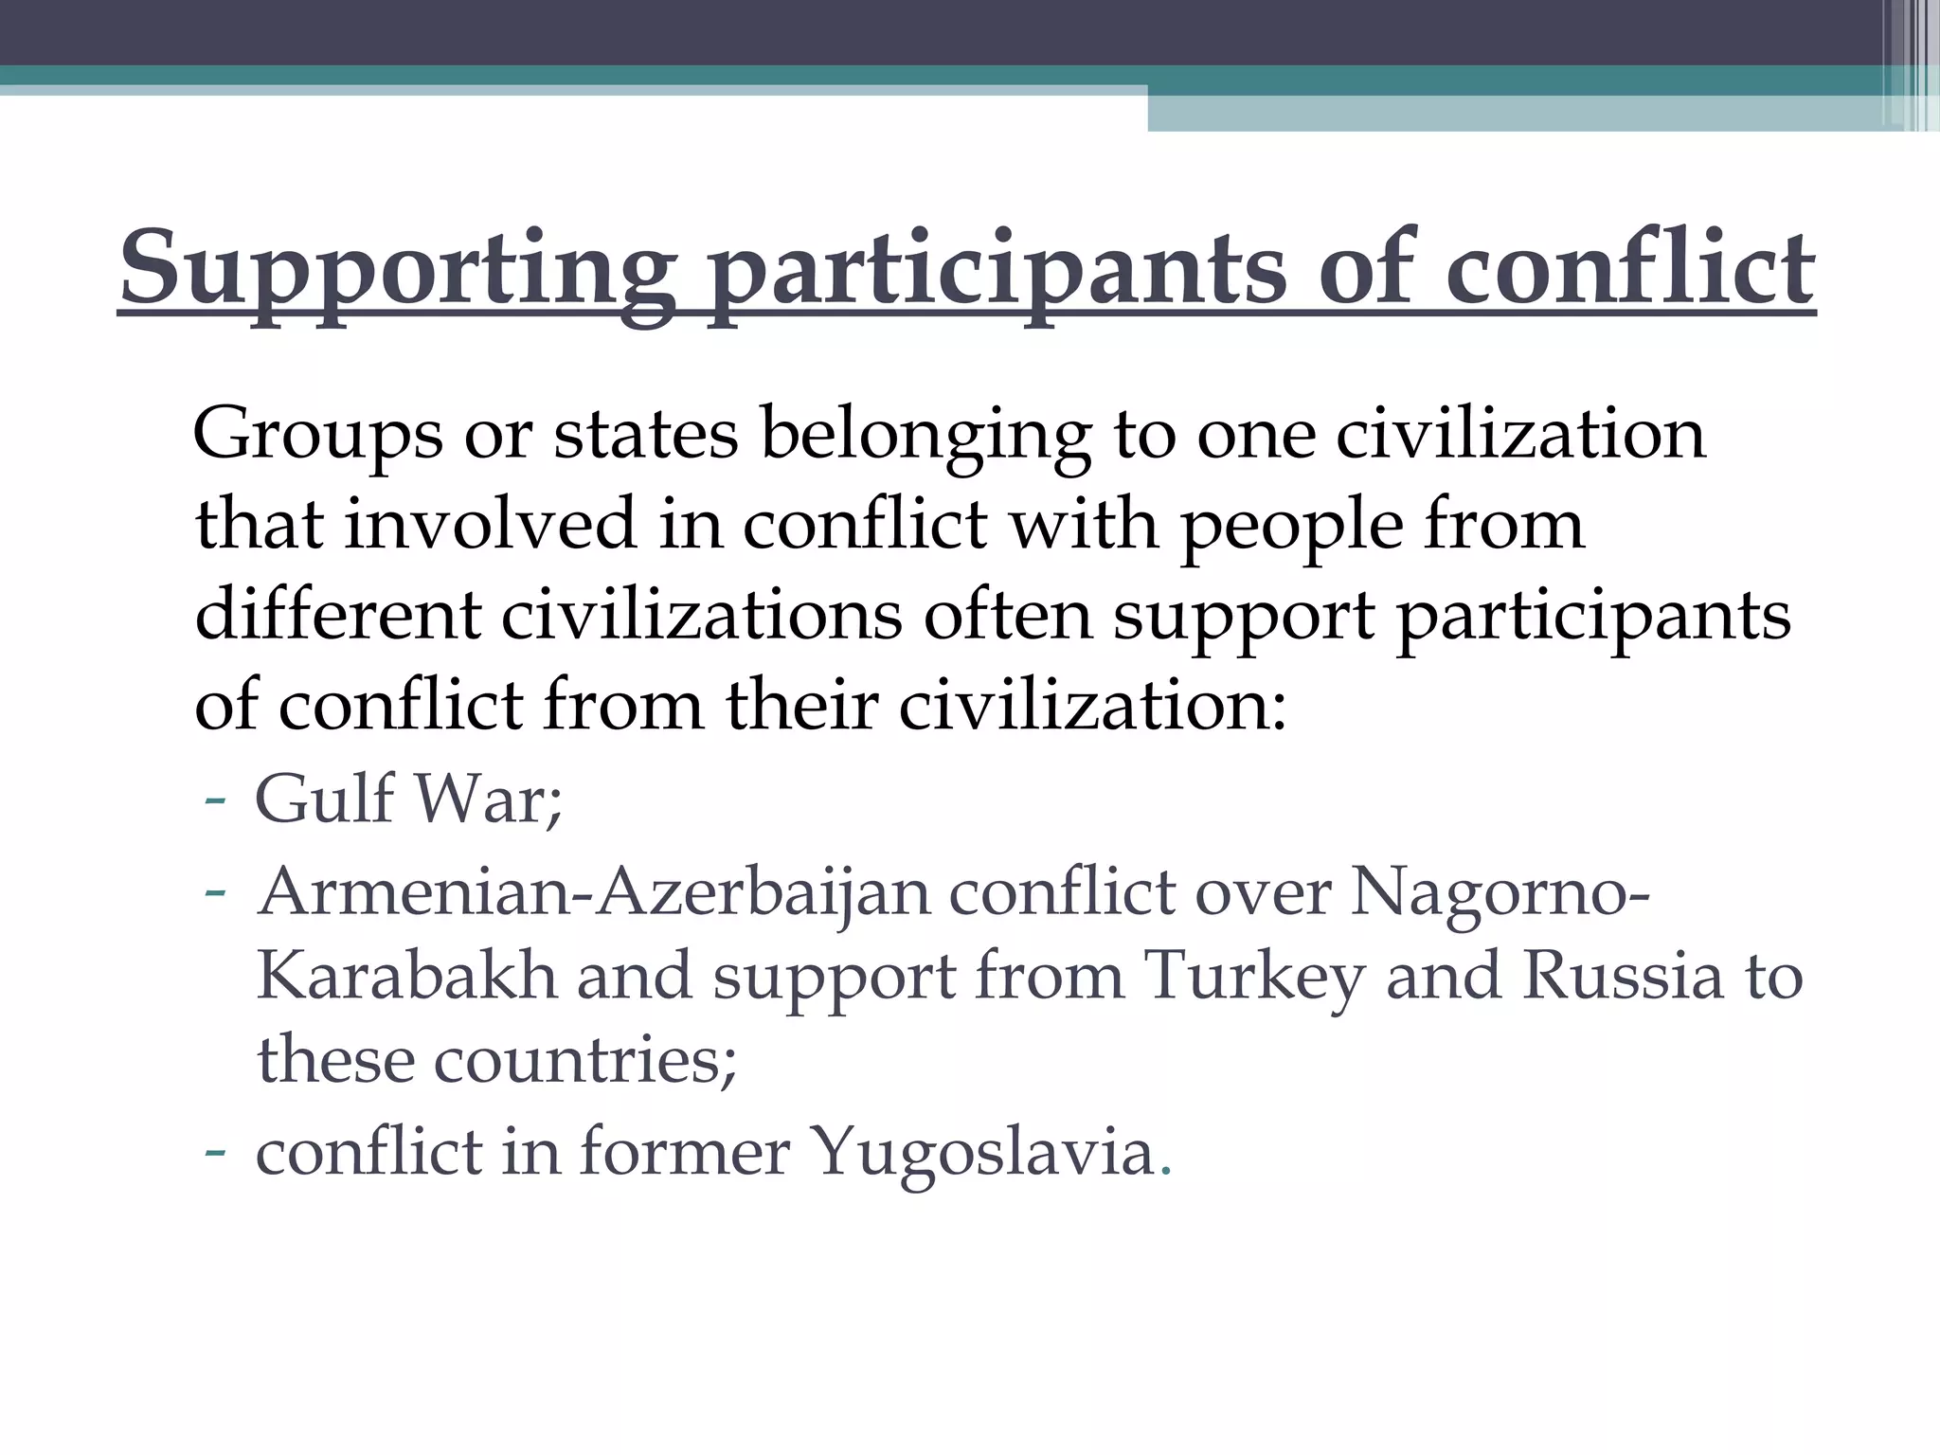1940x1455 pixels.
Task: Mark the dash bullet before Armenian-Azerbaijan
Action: [x=215, y=892]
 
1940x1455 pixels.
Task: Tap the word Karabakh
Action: [x=405, y=976]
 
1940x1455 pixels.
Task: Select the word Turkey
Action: [x=1254, y=978]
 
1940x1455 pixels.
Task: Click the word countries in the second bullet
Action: [x=584, y=1059]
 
